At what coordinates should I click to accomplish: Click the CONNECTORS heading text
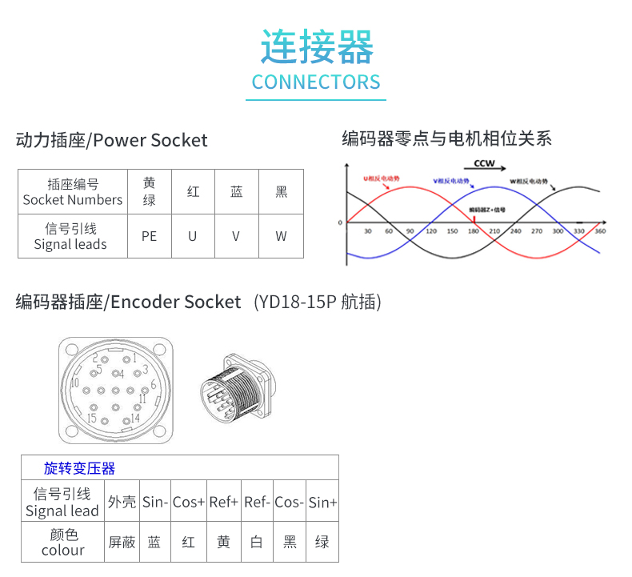(x=316, y=82)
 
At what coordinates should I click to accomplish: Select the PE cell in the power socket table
(x=150, y=236)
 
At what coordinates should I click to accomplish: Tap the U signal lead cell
(x=193, y=236)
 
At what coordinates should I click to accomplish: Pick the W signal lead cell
(x=281, y=236)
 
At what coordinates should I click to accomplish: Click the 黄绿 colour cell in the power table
(x=150, y=192)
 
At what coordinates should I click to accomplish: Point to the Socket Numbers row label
(x=73, y=192)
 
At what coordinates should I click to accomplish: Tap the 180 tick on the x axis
(x=473, y=231)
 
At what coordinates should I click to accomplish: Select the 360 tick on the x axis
(x=600, y=231)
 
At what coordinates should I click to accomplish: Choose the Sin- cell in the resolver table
(x=154, y=502)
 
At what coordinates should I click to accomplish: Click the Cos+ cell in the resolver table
(x=189, y=502)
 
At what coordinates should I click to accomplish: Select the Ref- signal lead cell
(x=257, y=502)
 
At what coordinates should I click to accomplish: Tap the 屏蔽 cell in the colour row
(x=122, y=542)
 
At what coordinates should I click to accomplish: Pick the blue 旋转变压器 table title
(x=79, y=468)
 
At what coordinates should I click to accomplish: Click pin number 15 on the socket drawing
(x=92, y=419)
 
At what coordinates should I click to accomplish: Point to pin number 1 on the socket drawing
(x=134, y=358)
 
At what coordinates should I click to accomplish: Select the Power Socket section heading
(x=111, y=141)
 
